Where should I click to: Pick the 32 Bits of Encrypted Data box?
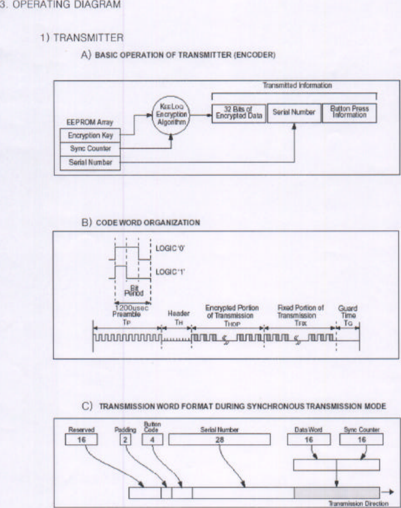tap(238, 113)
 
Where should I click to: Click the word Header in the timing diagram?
tap(175, 313)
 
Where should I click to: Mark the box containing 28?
tap(219, 439)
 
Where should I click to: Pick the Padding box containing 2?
tap(125, 439)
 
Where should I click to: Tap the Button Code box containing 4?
tap(152, 439)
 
